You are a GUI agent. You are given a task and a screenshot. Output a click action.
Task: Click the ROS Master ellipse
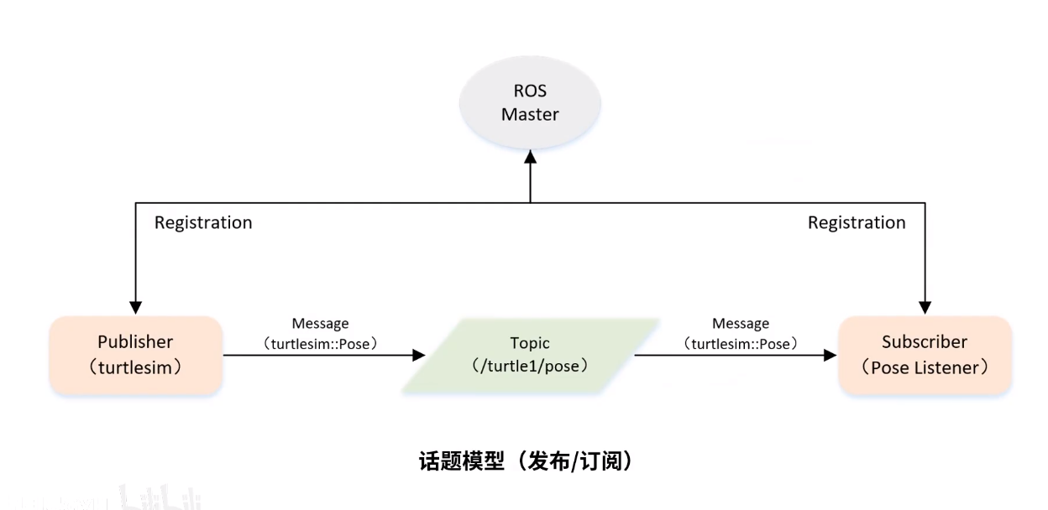[530, 103]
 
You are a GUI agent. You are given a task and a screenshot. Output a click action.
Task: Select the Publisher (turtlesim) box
[135, 355]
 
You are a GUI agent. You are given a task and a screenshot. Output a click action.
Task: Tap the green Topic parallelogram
[530, 355]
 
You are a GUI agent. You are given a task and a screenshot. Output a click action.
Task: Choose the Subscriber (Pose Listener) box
[925, 355]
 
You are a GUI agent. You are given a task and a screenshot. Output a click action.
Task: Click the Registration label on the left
[203, 222]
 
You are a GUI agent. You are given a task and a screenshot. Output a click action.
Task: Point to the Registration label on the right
[857, 222]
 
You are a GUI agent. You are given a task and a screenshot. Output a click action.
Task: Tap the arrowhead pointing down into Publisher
[135, 307]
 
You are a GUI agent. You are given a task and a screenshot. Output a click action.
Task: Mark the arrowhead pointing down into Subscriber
[925, 307]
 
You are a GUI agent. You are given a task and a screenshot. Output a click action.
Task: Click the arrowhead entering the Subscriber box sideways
[831, 356]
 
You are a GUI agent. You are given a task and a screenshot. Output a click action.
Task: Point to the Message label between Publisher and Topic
[320, 323]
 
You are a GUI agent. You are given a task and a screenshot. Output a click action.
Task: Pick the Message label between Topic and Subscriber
[741, 323]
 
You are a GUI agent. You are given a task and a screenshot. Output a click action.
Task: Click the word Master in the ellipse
[530, 113]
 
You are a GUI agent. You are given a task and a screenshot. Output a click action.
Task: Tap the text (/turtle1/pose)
[530, 367]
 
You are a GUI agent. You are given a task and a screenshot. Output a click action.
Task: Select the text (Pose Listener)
[925, 367]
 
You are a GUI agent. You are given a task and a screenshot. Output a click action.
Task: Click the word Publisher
[135, 342]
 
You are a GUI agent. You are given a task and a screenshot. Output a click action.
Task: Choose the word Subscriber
[925, 342]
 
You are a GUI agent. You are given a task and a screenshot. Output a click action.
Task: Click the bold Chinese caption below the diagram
[524, 461]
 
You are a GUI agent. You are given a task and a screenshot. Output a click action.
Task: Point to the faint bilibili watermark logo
[160, 497]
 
